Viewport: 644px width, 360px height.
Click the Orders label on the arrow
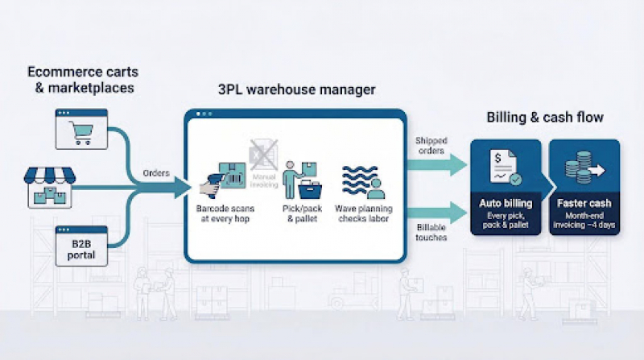point(156,174)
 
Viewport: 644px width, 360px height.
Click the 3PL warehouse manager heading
point(297,90)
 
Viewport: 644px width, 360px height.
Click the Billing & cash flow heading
point(545,118)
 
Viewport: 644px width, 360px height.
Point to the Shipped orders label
point(431,147)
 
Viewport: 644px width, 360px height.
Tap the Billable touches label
point(431,234)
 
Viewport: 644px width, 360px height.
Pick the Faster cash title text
point(584,204)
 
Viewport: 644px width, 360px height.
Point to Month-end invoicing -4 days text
point(584,221)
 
